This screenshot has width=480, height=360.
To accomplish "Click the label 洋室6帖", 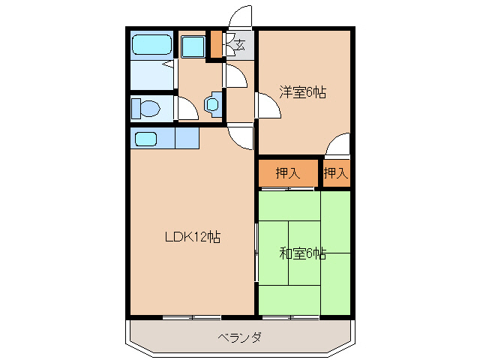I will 303,93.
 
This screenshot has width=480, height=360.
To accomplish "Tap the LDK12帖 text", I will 193,237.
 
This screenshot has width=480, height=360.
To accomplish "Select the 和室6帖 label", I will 303,253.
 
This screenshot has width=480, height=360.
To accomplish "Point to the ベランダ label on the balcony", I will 239,337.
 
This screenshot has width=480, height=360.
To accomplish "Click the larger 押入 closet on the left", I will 288,173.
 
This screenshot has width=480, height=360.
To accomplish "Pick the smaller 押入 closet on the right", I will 336,173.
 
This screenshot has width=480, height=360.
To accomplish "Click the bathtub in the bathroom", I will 152,46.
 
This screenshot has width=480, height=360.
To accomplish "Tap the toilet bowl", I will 146,109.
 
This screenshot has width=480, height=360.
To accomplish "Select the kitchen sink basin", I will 145,139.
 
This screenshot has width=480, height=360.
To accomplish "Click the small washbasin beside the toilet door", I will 213,103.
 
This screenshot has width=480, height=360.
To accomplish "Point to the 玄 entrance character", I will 240,45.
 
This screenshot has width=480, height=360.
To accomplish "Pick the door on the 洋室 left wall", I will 268,106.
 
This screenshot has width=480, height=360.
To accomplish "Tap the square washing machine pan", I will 193,46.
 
